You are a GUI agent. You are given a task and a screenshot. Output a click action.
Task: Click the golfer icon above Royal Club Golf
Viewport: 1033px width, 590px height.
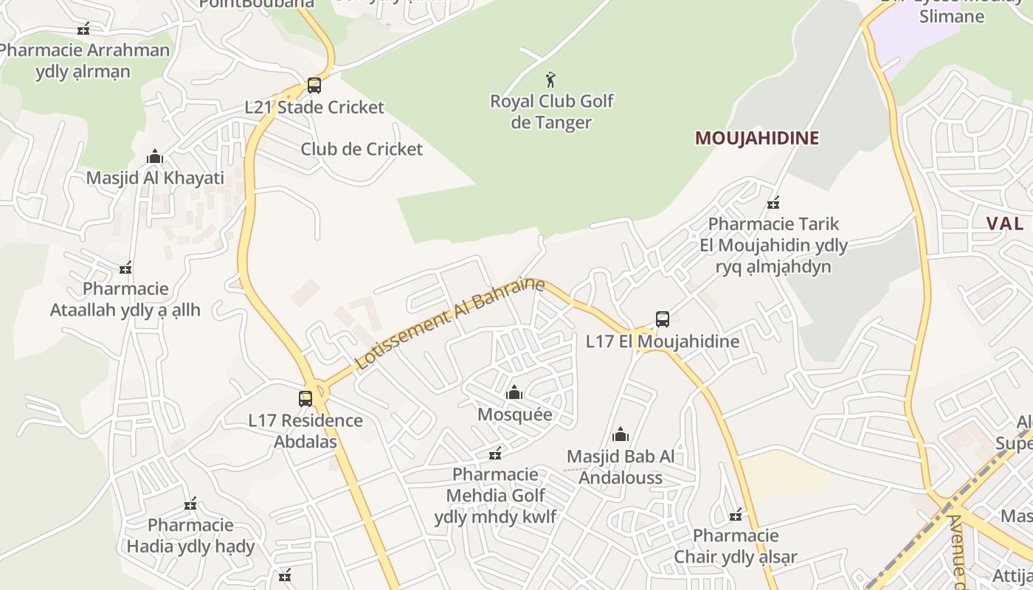point(550,79)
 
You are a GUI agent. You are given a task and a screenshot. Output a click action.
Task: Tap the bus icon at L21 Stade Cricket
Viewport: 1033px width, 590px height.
point(314,85)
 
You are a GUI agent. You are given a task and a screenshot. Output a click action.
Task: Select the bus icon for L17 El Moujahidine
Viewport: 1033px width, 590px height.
point(663,319)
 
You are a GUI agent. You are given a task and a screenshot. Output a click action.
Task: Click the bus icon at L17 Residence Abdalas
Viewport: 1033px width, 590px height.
point(305,399)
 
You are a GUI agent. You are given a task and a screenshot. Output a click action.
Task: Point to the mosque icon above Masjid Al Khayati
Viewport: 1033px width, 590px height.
point(155,156)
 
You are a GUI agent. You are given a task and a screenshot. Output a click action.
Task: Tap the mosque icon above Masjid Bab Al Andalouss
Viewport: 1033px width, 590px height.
point(621,434)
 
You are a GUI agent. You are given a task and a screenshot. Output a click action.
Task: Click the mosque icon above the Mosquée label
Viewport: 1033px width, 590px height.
point(514,392)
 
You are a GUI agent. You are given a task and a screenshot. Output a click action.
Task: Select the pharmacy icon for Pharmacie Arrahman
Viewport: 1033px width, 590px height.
point(83,29)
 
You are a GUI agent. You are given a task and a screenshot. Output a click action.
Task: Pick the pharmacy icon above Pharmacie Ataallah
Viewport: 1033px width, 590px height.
point(125,267)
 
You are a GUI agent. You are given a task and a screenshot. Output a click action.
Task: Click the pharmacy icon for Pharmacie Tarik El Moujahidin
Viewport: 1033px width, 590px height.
point(773,203)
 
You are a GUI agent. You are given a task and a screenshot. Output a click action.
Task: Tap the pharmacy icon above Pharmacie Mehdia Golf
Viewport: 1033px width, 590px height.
point(495,453)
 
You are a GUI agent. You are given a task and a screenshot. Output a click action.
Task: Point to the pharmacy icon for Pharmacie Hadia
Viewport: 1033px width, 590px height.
point(190,504)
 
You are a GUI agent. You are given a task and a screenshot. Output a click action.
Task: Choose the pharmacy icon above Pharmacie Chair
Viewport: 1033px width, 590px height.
point(736,514)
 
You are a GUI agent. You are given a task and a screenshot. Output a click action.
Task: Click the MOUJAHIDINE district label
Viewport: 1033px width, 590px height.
point(757,138)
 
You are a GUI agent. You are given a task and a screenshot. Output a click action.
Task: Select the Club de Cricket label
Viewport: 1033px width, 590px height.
point(362,149)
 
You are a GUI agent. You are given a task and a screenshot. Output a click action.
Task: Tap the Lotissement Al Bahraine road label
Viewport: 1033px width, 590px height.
point(449,324)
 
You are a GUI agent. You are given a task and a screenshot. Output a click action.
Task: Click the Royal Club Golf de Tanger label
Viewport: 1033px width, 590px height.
point(552,111)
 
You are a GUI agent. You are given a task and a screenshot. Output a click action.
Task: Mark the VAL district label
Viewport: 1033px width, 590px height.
point(1005,223)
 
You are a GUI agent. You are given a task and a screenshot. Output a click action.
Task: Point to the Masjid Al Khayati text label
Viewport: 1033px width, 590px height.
point(155,178)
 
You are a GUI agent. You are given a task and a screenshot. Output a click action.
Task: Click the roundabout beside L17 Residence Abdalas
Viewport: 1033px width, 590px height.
point(319,389)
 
